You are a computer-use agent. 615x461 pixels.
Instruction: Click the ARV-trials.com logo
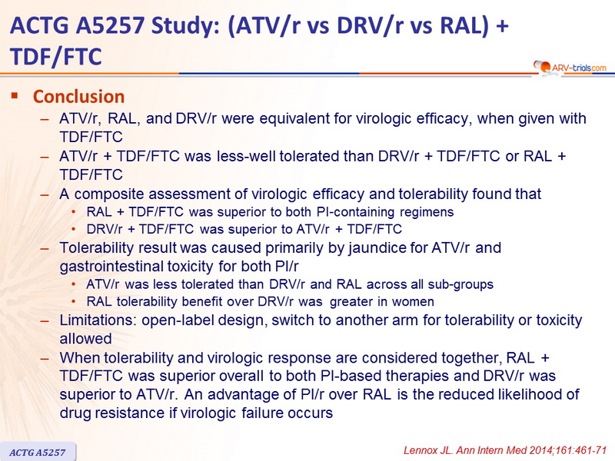coord(570,68)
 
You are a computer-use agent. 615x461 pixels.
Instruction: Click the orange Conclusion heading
coord(79,97)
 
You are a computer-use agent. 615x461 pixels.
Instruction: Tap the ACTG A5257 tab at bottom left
coord(38,452)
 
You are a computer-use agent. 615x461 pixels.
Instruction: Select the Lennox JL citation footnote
coord(505,450)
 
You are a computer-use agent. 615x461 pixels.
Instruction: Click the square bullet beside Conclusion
coord(15,95)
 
